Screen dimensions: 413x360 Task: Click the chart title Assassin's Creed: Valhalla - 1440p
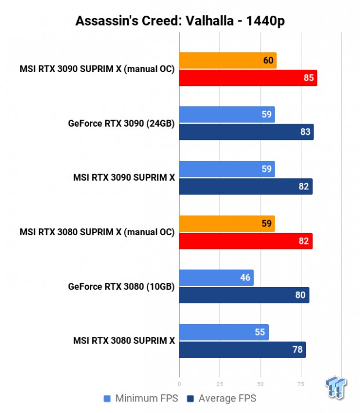coord(179,21)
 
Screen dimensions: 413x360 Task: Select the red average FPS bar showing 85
coord(248,78)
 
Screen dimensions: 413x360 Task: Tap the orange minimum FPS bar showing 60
coord(228,60)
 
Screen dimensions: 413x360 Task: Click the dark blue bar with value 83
coord(246,132)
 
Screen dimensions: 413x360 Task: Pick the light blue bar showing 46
coord(216,278)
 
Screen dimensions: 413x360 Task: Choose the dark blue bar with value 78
coord(242,350)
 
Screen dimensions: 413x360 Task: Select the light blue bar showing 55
coord(224,332)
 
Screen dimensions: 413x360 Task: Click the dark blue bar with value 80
coord(244,295)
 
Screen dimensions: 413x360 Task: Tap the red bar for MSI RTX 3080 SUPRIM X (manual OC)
coord(246,241)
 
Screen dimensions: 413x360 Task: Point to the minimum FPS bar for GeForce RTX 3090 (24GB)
coord(227,114)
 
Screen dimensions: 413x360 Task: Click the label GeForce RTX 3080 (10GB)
coord(121,286)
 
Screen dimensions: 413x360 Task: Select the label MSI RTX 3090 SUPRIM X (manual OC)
coord(97,69)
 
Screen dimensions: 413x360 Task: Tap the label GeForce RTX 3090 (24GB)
coord(121,123)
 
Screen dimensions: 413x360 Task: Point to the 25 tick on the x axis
coord(219,384)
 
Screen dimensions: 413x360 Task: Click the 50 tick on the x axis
coord(260,384)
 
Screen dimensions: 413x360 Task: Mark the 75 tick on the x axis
coord(301,384)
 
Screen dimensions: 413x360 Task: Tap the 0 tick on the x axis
coord(179,384)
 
